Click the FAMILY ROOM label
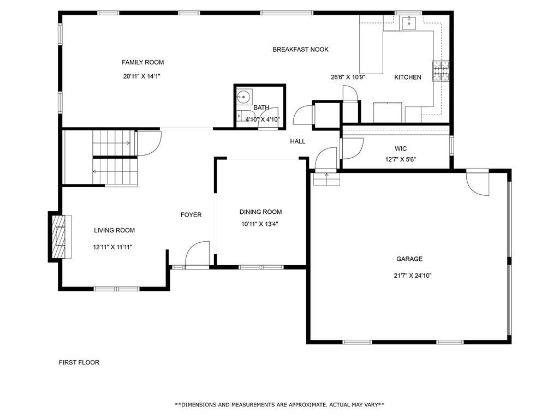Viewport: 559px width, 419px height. (142, 62)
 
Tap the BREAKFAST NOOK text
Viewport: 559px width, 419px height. (300, 50)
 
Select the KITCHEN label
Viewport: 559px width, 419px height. (408, 77)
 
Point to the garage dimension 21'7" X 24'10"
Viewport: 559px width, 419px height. (413, 276)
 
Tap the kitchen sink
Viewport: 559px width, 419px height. (408, 22)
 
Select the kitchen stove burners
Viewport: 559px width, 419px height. (441, 71)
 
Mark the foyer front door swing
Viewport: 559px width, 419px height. (197, 254)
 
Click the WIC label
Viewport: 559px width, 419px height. (401, 148)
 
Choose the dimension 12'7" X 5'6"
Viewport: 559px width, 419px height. (401, 160)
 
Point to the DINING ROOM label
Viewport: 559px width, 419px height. (260, 212)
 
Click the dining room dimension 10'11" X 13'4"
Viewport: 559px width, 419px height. (260, 224)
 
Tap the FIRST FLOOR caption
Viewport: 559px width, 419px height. (79, 362)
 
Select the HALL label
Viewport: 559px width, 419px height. (298, 141)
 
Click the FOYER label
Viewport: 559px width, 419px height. (191, 215)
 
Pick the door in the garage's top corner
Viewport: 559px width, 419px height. (478, 184)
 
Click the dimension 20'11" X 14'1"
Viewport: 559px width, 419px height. (141, 76)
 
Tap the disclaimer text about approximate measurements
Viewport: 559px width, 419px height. (279, 405)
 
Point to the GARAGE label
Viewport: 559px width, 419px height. (409, 259)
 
